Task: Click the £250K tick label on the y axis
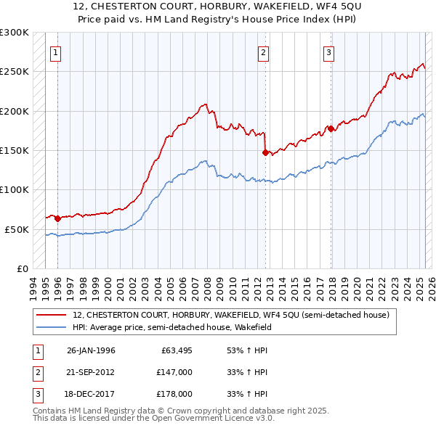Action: click(15, 72)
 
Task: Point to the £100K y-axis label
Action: click(15, 189)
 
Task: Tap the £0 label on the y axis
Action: click(22, 268)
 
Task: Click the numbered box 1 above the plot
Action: click(56, 52)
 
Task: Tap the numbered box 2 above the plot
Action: click(263, 52)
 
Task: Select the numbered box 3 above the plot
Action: click(328, 52)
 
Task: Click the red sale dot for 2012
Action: click(265, 152)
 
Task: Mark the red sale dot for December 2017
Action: click(330, 128)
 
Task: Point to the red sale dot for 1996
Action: click(57, 218)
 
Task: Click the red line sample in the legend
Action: click(52, 315)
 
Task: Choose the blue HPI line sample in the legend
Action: click(52, 326)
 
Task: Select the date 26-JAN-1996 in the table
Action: click(91, 350)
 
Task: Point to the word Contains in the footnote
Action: click(51, 411)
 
